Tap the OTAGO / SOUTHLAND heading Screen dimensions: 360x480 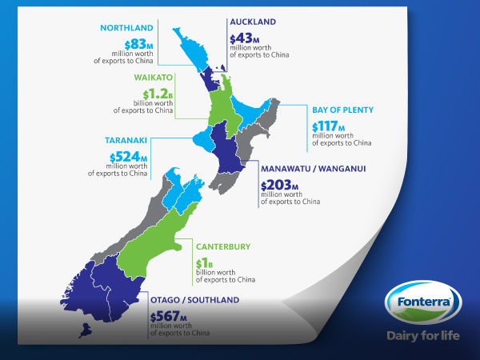[194, 299]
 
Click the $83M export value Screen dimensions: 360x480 [134, 45]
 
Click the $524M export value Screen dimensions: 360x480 [130, 157]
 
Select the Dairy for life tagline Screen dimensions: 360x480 [423, 334]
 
